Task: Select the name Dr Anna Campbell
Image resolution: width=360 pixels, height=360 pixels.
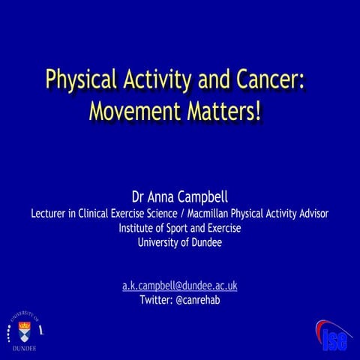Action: coord(179,198)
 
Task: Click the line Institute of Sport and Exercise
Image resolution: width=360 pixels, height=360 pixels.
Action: coord(179,228)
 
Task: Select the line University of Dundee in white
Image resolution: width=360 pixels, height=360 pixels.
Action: coord(179,242)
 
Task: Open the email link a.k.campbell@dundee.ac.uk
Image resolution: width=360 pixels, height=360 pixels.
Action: coord(179,286)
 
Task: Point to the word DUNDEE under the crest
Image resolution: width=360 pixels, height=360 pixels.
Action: coord(23,349)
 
